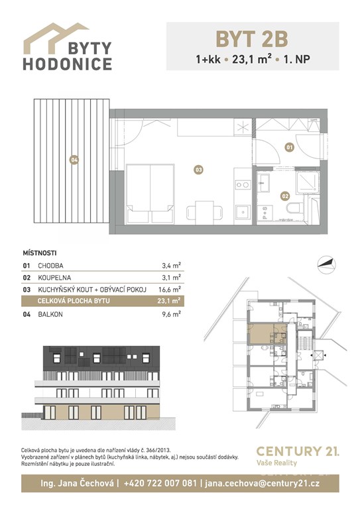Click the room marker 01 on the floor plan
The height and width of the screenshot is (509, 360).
289,147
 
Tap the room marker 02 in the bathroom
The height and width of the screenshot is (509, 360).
285,196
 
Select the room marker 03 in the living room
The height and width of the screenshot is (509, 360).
198,170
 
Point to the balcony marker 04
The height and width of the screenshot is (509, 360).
74,160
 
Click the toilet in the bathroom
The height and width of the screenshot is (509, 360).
294,208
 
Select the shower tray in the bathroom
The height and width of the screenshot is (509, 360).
308,182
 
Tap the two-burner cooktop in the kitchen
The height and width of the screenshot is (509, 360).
243,185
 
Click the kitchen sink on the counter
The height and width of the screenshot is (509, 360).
243,212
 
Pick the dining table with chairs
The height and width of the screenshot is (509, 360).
204,211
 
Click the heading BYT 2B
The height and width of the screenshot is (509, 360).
252,39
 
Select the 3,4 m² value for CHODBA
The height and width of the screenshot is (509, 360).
172,266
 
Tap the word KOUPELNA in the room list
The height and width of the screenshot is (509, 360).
54,278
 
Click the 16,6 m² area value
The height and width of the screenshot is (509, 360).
170,289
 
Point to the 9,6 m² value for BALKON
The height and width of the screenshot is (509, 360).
172,314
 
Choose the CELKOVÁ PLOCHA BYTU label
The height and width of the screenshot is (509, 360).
74,301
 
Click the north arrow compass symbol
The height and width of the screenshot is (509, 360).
326,263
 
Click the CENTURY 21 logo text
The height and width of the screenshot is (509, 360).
298,451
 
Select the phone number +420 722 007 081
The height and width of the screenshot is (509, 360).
160,483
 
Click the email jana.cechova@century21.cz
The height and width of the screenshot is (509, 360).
263,483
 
